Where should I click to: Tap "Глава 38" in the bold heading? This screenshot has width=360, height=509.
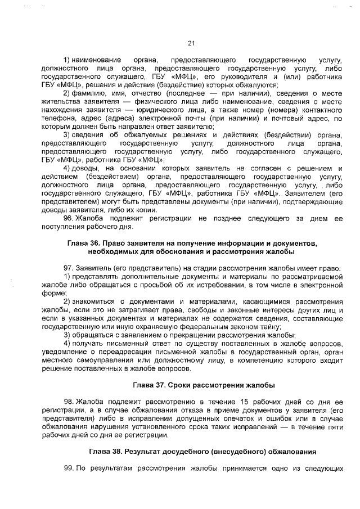(105, 452)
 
